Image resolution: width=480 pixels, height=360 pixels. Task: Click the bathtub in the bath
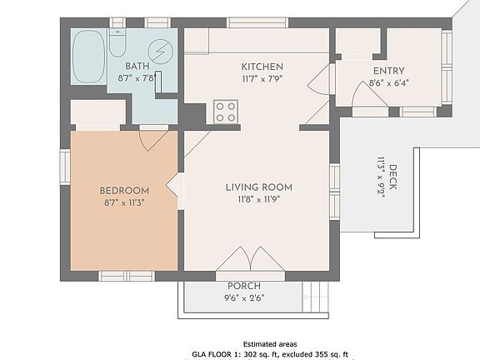89,57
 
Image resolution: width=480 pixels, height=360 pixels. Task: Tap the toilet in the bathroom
117,42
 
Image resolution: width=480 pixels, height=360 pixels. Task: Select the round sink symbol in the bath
160,52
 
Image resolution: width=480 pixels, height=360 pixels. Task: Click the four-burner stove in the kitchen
226,112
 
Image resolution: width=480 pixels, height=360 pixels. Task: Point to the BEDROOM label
125,191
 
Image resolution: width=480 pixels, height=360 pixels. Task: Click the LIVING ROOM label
259,187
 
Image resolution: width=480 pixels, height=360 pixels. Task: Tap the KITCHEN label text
262,67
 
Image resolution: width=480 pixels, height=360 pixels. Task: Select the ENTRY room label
389,71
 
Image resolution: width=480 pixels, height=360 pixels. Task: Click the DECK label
392,177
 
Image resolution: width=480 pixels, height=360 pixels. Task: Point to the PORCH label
244,286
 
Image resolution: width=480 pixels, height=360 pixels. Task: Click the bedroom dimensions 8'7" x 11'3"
124,202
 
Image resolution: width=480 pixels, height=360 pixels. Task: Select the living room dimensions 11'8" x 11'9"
259,200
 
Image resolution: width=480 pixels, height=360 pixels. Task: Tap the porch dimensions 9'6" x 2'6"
244,297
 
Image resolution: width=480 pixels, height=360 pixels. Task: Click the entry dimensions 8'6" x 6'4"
389,83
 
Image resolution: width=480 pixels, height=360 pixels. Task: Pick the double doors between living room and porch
250,260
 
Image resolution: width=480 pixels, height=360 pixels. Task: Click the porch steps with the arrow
315,297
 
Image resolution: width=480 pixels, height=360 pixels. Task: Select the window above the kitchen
257,23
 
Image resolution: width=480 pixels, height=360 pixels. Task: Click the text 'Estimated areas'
270,344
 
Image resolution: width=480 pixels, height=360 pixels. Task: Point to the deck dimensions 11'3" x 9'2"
381,177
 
